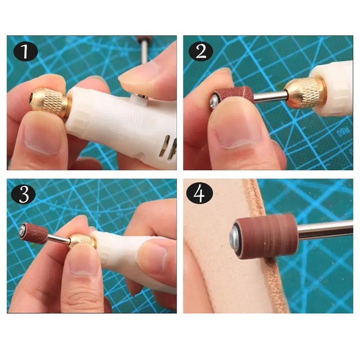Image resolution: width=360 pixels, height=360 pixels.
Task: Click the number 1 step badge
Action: point(26,52)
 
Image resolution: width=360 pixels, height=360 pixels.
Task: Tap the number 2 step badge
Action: point(201,52)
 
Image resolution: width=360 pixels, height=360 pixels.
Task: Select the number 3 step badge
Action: point(24,195)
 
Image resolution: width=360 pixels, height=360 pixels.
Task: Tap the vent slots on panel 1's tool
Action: point(169,146)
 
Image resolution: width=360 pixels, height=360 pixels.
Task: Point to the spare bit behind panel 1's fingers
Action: point(143,49)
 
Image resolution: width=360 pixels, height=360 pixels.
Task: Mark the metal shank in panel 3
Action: point(58,238)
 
